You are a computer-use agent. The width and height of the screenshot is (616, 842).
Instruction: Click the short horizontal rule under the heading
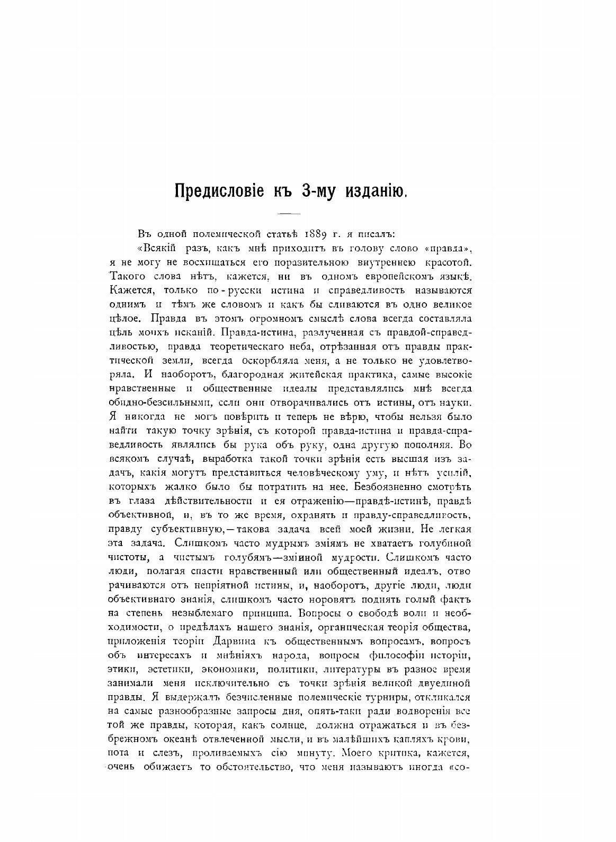pyautogui.click(x=289, y=213)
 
